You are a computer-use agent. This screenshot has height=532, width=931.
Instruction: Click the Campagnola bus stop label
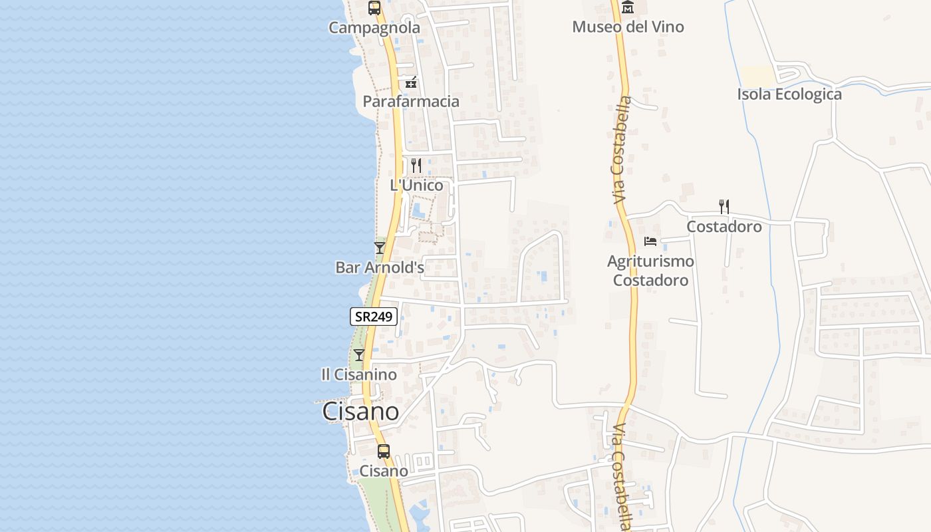coord(374,28)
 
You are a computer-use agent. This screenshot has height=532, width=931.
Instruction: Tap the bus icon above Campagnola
coord(374,9)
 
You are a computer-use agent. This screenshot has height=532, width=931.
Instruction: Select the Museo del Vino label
coord(628,27)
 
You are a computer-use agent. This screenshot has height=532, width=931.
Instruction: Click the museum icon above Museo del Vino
coord(628,7)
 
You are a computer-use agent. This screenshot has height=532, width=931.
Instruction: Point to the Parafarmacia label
coord(411,101)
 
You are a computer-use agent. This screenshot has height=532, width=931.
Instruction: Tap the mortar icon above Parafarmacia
coord(412,82)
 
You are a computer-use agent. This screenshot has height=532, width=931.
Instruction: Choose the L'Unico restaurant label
coord(416,185)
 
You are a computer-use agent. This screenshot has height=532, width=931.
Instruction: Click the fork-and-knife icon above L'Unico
coord(416,165)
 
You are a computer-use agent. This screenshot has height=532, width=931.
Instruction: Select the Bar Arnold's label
coord(380,267)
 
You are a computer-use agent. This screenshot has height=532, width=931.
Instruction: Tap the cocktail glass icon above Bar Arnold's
coord(380,248)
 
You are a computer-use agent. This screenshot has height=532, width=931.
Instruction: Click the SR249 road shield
coord(374,317)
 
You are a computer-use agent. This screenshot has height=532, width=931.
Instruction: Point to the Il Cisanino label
coord(359,374)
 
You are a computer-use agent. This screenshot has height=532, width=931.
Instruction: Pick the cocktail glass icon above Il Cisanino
coord(359,355)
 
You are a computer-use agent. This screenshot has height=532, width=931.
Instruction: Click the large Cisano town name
coord(360,412)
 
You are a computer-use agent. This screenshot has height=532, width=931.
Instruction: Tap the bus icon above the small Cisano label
coord(384,452)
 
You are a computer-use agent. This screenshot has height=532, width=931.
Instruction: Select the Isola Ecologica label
coord(789,94)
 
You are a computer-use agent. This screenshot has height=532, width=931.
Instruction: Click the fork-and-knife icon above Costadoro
coord(724,207)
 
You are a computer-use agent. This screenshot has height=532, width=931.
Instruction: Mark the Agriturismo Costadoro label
coord(650,271)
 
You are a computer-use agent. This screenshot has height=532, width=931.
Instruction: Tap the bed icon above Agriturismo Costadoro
coord(650,241)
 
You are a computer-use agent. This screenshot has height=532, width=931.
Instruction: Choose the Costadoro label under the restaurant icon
coord(724,227)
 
